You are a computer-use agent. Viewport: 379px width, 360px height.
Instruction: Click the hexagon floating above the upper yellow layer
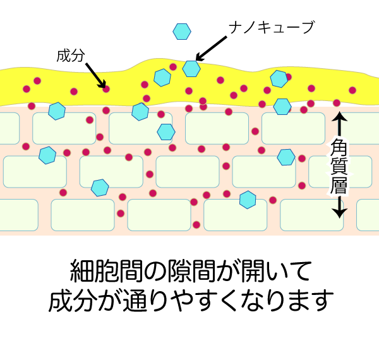pyautogui.click(x=182, y=31)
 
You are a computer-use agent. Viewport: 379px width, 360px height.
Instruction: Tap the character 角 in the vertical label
pyautogui.click(x=339, y=148)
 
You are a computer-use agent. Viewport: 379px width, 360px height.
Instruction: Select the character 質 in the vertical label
pyautogui.click(x=339, y=166)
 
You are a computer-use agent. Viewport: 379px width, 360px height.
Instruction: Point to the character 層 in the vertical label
pyautogui.click(x=339, y=185)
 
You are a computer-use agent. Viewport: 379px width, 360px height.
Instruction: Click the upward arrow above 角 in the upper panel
pyautogui.click(x=339, y=123)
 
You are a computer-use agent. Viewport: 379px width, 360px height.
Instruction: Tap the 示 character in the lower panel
pyautogui.click(x=182, y=273)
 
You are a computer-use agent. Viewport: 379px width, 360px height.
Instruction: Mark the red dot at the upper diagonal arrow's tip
pyautogui.click(x=106, y=88)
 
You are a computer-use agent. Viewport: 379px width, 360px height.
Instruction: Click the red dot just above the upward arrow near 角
pyautogui.click(x=337, y=103)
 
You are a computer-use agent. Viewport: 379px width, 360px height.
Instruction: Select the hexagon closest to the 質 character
pyautogui.click(x=286, y=157)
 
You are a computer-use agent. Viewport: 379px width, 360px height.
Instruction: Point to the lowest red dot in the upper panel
pyautogui.click(x=196, y=225)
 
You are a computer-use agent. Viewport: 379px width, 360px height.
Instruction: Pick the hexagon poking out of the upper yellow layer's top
pyautogui.click(x=191, y=68)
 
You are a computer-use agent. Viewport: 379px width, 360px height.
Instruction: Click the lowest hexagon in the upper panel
pyautogui.click(x=248, y=200)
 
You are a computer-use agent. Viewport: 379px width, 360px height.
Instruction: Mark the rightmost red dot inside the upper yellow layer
pyautogui.click(x=352, y=90)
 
